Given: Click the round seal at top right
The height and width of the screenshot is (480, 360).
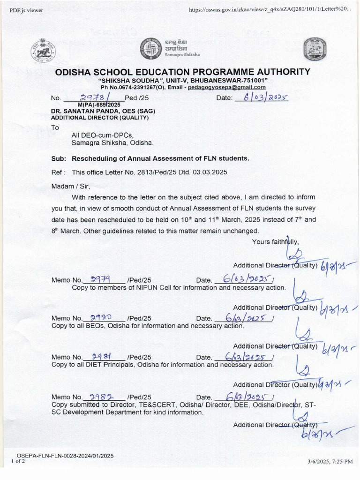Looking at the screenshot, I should pos(315,49).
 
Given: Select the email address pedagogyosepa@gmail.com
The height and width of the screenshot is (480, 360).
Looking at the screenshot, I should pos(227,87).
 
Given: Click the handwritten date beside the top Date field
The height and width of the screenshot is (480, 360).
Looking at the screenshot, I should pos(266,97).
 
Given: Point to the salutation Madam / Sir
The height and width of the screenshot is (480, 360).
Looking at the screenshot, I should pos(70,186).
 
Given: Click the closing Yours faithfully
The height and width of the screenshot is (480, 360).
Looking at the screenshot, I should pos(275,242).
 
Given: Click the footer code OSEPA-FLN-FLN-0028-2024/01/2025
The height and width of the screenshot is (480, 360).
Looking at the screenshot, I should pos(65,456).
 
